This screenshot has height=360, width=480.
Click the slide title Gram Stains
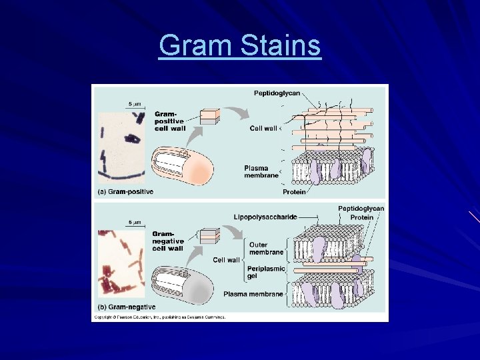pos(240,47)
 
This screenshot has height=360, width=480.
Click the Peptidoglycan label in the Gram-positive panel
pos(280,93)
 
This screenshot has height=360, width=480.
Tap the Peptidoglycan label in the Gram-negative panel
pos(361,209)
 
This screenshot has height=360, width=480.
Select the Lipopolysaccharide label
pos(265,217)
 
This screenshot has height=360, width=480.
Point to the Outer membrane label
pos(266,249)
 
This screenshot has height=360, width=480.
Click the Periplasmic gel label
pos(267,272)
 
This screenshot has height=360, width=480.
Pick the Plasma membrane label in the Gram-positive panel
pos(261,171)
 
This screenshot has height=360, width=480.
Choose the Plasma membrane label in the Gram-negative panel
pos(254,294)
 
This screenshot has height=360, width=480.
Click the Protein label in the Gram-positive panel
pos(294,192)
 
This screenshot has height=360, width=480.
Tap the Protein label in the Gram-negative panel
pos(362,217)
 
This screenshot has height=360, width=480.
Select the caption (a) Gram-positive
pos(126,192)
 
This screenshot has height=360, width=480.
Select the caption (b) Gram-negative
pos(127,307)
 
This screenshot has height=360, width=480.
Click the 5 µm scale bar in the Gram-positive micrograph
pos(134,106)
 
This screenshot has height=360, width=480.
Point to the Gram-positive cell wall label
pos(169,121)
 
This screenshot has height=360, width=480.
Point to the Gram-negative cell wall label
pos(167,241)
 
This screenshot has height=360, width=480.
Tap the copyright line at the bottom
pos(160,317)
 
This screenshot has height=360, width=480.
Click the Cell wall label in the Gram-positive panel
pos(264,128)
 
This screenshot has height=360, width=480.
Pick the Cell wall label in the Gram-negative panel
pos(226,260)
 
